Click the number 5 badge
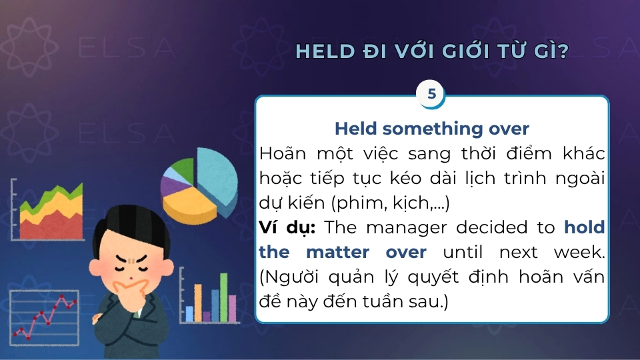tap(431, 94)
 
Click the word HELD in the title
tap(324, 52)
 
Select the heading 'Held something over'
tap(431, 129)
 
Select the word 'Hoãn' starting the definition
tap(280, 153)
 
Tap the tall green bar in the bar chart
tap(215, 305)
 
